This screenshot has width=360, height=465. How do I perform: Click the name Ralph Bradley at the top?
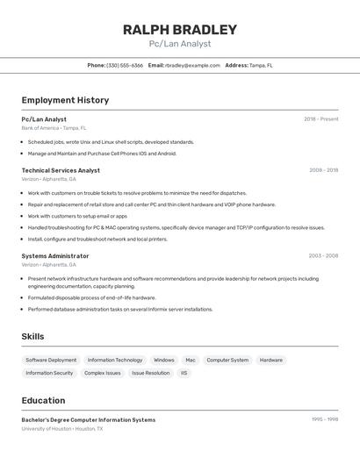(x=180, y=29)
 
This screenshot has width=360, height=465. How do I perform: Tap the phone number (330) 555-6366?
(x=125, y=65)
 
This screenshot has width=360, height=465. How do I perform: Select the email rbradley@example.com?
(x=192, y=65)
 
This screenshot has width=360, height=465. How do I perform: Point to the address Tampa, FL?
(x=261, y=65)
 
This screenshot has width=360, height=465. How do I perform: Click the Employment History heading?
(x=65, y=100)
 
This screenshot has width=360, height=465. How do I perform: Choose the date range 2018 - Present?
(x=321, y=119)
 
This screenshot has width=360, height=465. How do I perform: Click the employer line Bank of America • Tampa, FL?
(x=54, y=128)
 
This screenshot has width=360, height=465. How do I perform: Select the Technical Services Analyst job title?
(x=61, y=170)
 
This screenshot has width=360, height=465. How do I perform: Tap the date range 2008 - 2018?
(x=323, y=170)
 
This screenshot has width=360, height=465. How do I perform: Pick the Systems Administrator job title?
(x=55, y=256)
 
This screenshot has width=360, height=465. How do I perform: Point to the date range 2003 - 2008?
(x=323, y=256)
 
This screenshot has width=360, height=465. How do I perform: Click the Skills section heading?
(x=33, y=337)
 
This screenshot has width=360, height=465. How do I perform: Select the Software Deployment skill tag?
(x=51, y=360)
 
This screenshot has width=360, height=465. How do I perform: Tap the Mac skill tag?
(x=191, y=360)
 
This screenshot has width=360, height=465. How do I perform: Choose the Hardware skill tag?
(x=271, y=360)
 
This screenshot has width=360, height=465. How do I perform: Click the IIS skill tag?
(x=184, y=373)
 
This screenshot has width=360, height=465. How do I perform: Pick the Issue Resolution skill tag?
(x=151, y=373)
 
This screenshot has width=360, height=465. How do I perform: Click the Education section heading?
(x=43, y=400)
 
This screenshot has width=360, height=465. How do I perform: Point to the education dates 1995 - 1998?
(x=325, y=419)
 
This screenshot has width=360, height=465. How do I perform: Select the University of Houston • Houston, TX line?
(x=61, y=429)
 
